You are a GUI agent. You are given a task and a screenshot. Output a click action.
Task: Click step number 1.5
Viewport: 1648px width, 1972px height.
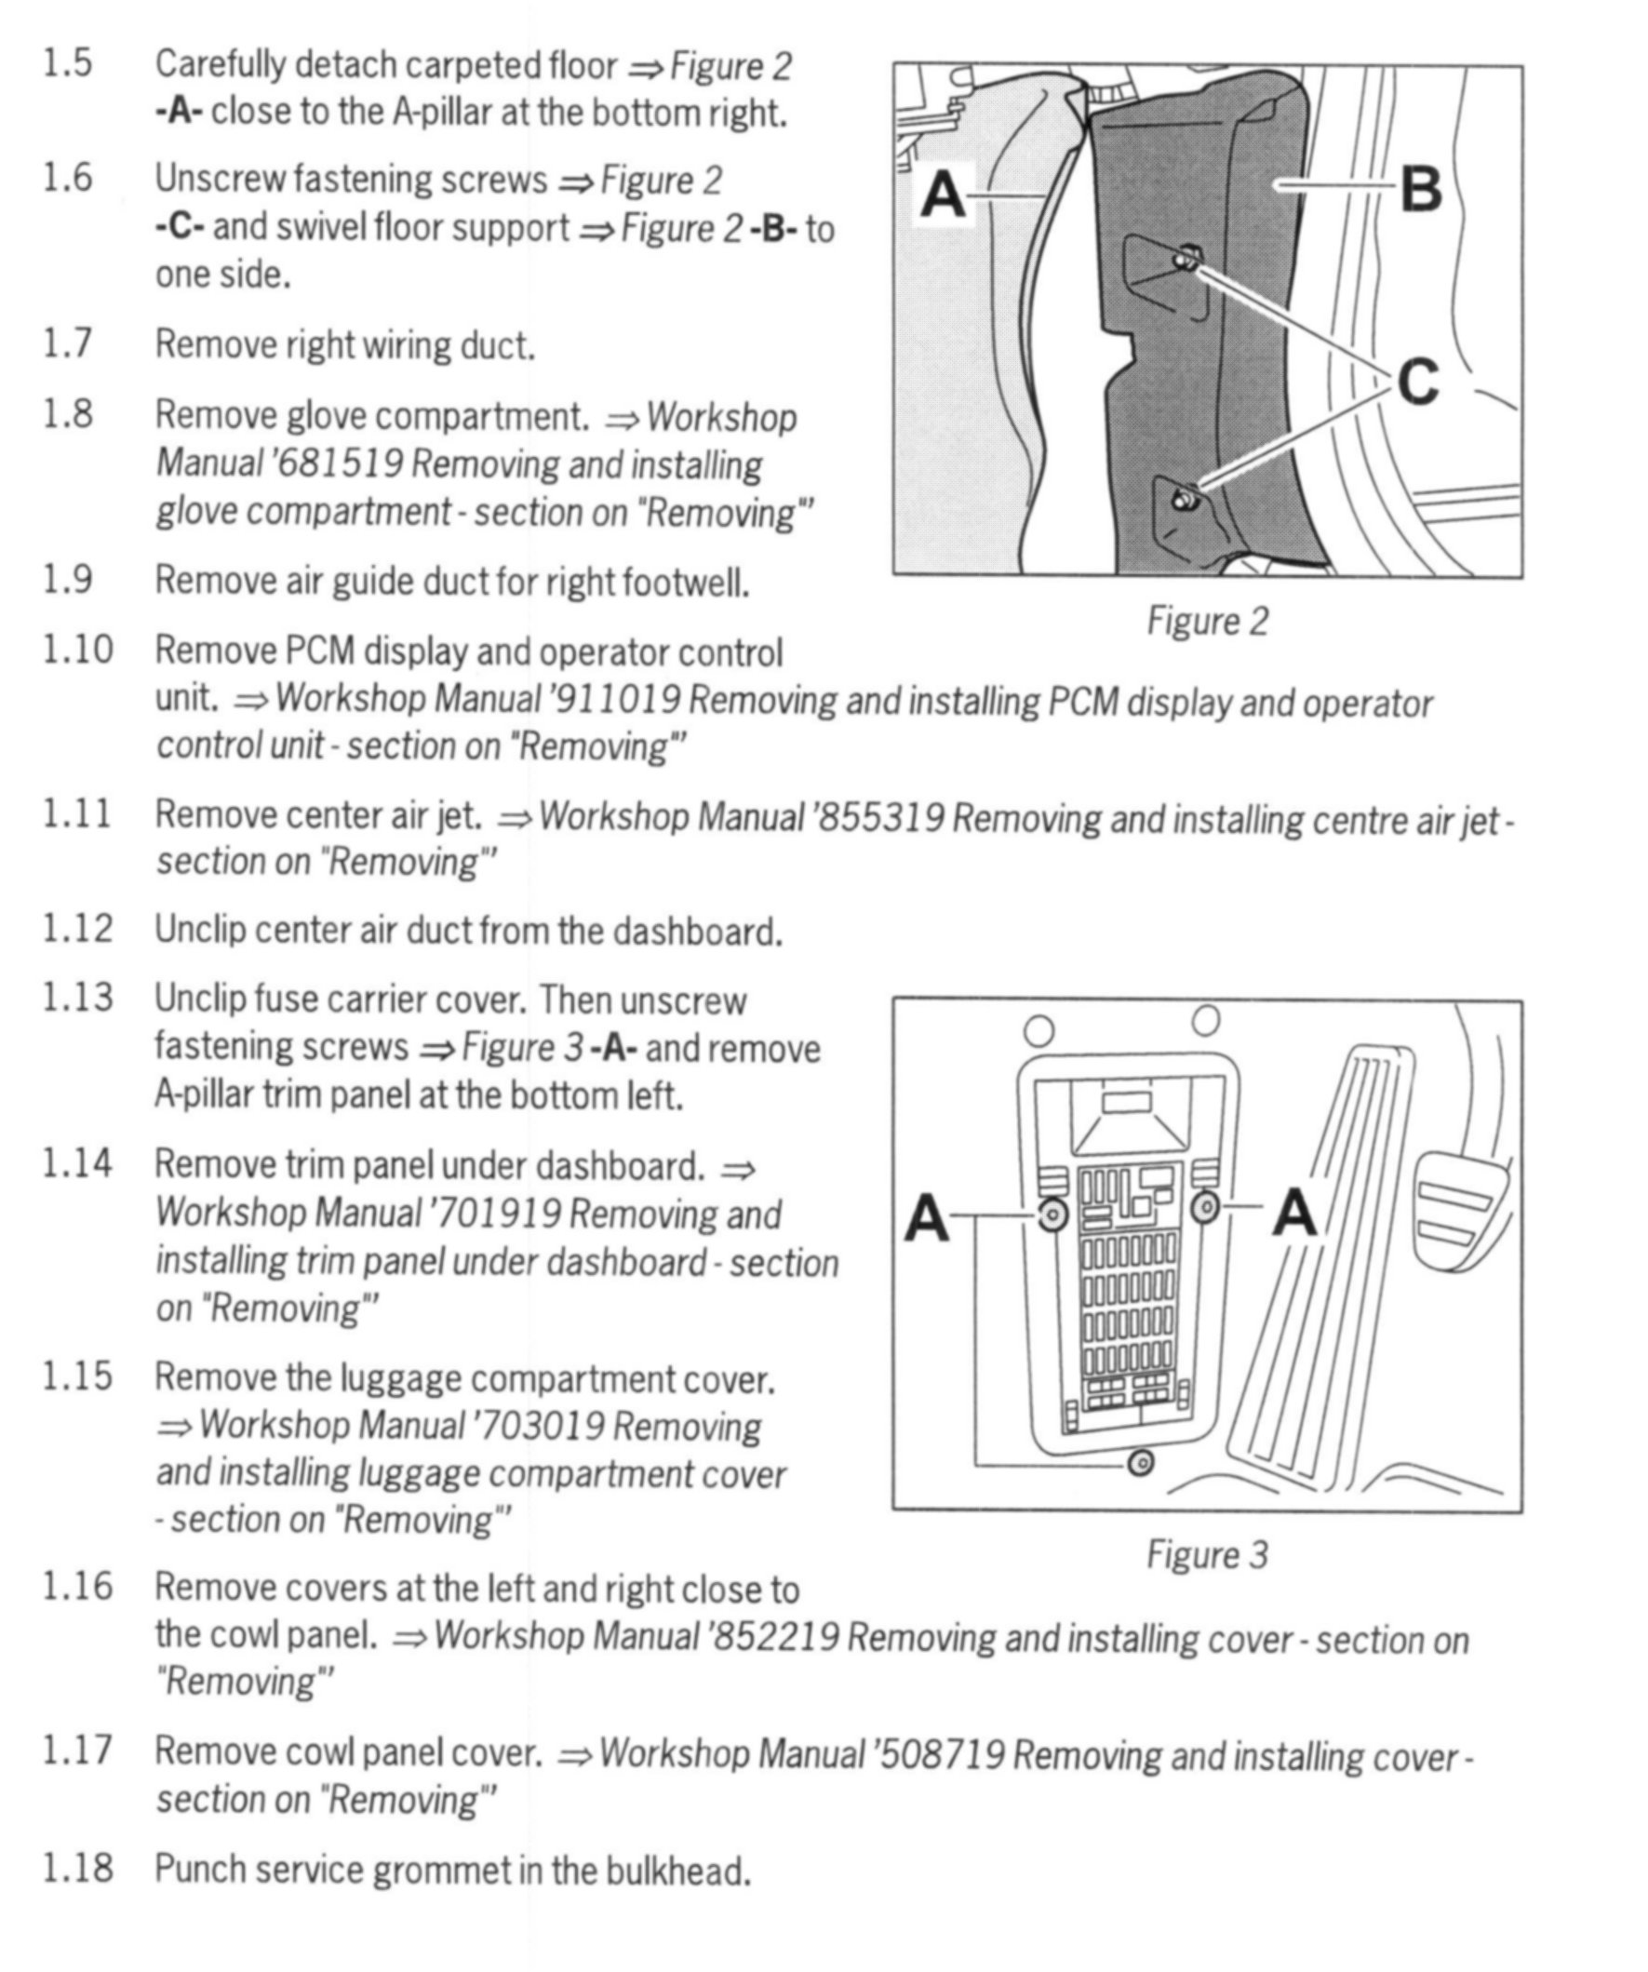coord(68,64)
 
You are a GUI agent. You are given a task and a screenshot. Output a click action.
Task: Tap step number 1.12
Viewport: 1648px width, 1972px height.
coord(77,929)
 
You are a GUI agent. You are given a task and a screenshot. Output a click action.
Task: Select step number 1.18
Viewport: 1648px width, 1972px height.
coord(77,1868)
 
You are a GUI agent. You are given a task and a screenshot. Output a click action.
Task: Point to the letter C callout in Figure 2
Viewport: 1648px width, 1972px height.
coord(1417,382)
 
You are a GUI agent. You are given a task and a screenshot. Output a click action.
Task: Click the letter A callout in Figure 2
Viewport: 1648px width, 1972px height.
coord(943,196)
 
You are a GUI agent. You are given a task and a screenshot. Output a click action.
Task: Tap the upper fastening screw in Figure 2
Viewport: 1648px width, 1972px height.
coord(1187,256)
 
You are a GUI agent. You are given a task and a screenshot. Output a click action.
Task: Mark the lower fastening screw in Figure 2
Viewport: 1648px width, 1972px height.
coord(1186,495)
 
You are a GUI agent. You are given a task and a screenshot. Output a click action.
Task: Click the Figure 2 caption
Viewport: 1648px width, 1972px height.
coord(1208,622)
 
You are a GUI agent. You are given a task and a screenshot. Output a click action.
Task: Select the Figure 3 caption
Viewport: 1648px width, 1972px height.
coord(1208,1555)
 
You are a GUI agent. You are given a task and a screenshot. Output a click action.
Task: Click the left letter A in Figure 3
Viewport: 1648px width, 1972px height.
coord(927,1219)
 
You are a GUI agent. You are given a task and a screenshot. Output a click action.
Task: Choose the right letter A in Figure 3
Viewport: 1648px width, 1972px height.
coord(1294,1213)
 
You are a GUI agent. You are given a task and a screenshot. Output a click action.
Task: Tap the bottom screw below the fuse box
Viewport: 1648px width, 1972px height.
coord(1140,1462)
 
